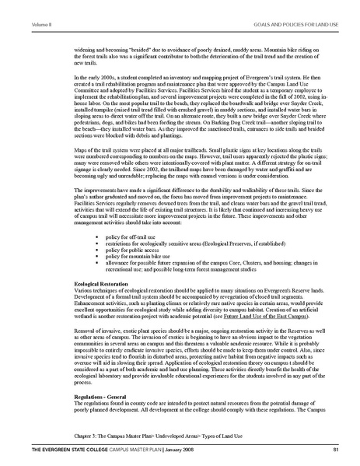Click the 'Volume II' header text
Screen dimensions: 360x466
click(20, 6)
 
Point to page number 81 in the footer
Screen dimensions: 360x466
click(335, 450)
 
